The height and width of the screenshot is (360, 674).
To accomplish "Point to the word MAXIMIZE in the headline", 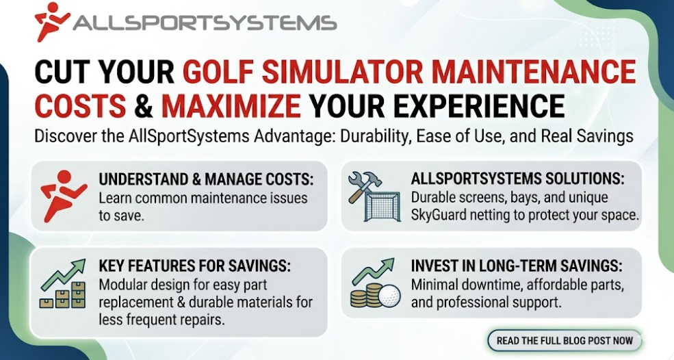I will pyautogui.click(x=231, y=107).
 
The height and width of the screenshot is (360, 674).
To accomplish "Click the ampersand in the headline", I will pyautogui.click(x=143, y=107).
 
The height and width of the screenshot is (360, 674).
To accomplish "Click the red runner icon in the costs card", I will pyautogui.click(x=64, y=195).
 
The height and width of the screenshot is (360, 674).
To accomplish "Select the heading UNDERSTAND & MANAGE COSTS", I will pyautogui.click(x=206, y=180).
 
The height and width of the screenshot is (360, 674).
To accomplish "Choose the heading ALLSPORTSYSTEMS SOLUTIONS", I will pyautogui.click(x=517, y=180).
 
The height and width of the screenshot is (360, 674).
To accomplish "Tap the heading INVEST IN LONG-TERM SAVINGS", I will pyautogui.click(x=517, y=266).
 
